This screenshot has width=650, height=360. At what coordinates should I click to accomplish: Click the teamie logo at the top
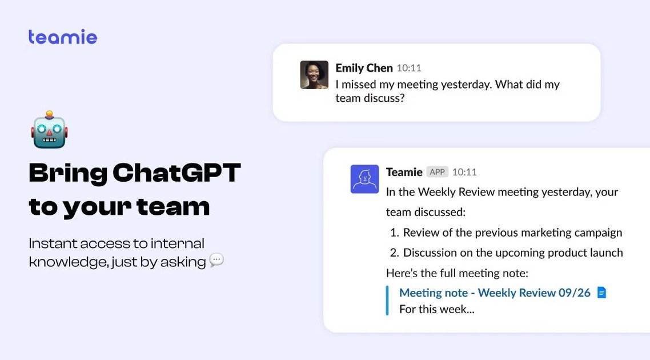point(63,37)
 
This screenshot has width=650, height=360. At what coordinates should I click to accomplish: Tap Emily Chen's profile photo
point(314,75)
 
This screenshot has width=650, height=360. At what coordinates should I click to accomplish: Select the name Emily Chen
point(364,68)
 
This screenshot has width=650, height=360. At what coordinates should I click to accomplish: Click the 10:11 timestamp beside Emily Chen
point(409,68)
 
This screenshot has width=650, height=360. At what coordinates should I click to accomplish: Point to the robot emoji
point(49,130)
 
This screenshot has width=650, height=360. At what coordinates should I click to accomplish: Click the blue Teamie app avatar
point(364,179)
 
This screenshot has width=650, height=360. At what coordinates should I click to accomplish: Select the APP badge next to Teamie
point(438,172)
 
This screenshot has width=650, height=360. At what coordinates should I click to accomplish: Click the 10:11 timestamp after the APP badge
point(464,172)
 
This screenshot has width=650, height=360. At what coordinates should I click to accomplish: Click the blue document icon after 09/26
point(601,293)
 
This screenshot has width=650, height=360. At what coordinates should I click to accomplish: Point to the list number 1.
point(394,233)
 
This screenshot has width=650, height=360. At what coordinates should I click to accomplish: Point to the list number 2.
point(394,253)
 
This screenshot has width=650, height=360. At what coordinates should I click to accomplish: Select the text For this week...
point(436,309)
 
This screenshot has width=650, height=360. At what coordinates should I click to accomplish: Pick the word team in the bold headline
point(176,207)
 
